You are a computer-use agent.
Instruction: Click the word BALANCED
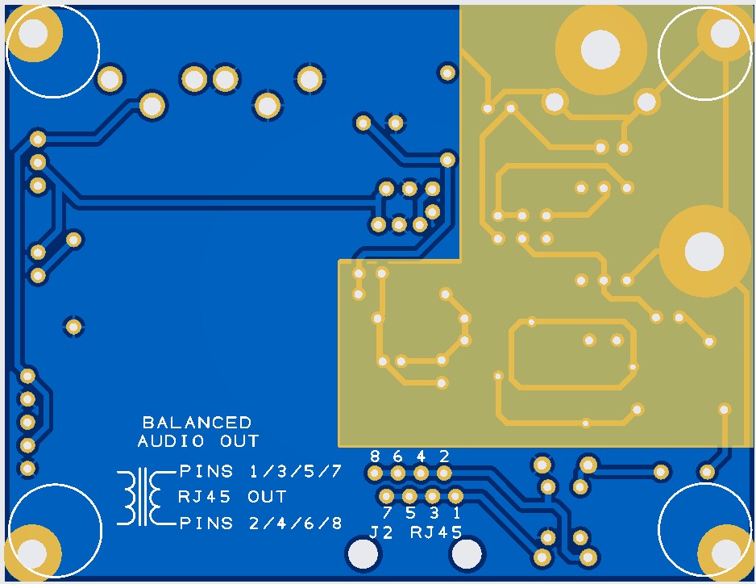tap(197, 423)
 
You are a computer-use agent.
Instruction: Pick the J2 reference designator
tap(381, 532)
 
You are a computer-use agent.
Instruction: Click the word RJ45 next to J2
tap(436, 532)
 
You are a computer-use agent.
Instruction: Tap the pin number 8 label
tap(375, 456)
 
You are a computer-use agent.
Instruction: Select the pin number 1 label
tap(456, 512)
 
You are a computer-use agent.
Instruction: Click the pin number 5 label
tap(410, 512)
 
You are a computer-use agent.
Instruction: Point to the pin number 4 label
tap(421, 456)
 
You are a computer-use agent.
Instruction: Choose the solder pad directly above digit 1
tap(455, 496)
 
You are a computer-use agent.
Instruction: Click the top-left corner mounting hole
tap(34, 34)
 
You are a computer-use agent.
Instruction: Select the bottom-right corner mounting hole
tap(724, 553)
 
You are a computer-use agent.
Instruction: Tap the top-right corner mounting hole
tap(724, 33)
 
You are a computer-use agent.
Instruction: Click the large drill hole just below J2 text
tap(362, 554)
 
